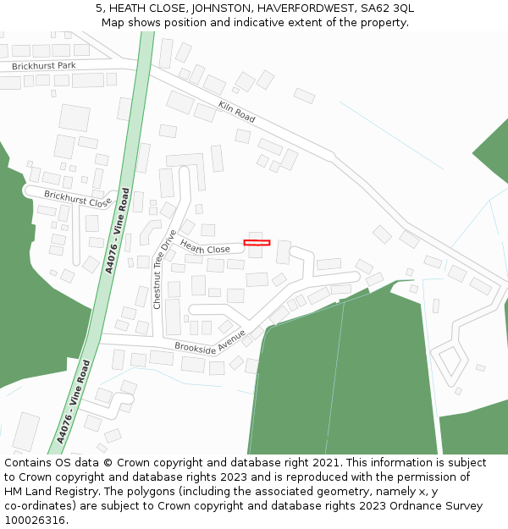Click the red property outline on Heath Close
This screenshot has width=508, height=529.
tap(257, 243)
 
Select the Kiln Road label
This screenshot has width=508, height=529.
tap(236, 111)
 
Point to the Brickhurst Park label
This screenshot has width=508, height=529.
tap(43, 66)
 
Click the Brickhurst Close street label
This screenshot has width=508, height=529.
tap(77, 199)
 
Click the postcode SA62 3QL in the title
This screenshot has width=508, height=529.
tap(387, 8)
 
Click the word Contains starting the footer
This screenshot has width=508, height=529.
tap(30, 463)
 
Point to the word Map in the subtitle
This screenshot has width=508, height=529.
tap(113, 23)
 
